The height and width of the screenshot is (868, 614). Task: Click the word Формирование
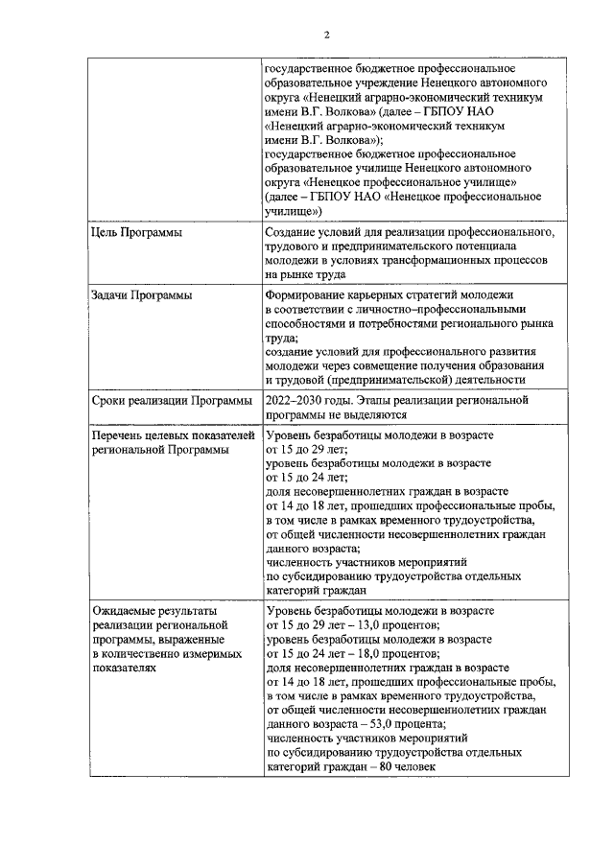pyautogui.click(x=309, y=295)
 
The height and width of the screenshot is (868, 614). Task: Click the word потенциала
pyautogui.click(x=460, y=246)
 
